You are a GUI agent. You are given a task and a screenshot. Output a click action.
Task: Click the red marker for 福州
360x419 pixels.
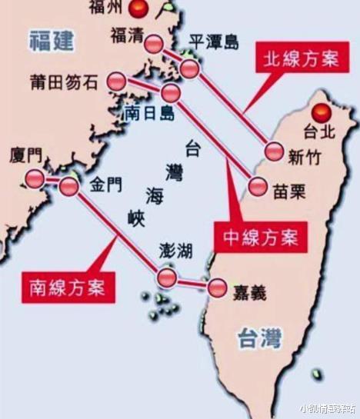coord(139,9)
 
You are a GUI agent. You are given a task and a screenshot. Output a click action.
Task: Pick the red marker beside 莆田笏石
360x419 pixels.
coord(117,80)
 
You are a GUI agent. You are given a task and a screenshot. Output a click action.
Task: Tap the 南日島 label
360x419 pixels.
coord(149,113)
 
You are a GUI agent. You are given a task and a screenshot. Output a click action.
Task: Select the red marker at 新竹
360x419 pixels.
coord(274,152)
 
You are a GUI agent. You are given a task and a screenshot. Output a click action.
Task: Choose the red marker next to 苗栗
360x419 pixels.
coord(258,187)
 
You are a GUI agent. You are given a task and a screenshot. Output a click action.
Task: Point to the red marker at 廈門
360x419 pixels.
coord(35,179)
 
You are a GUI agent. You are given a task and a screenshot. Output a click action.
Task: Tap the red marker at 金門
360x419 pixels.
coord(69,185)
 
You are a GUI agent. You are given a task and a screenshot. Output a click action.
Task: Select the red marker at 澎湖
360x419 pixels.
coord(166,277)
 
